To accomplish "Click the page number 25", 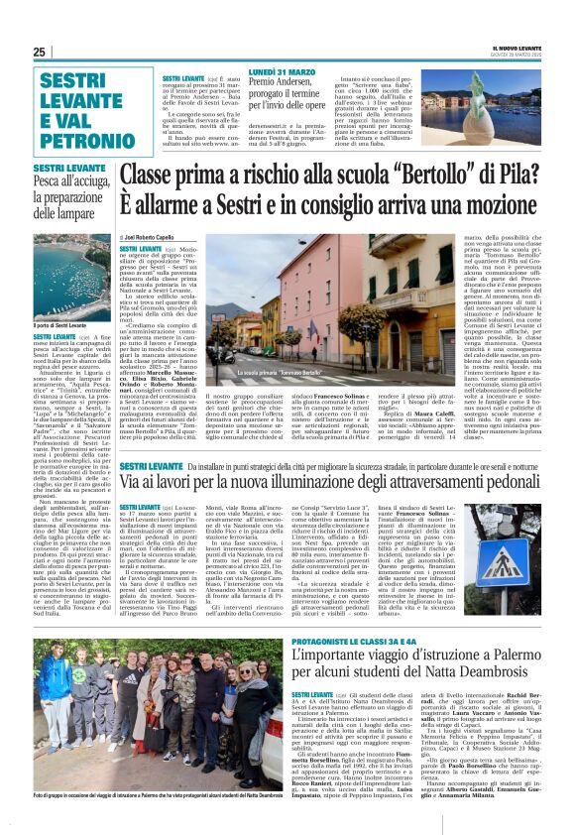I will (40, 52).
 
